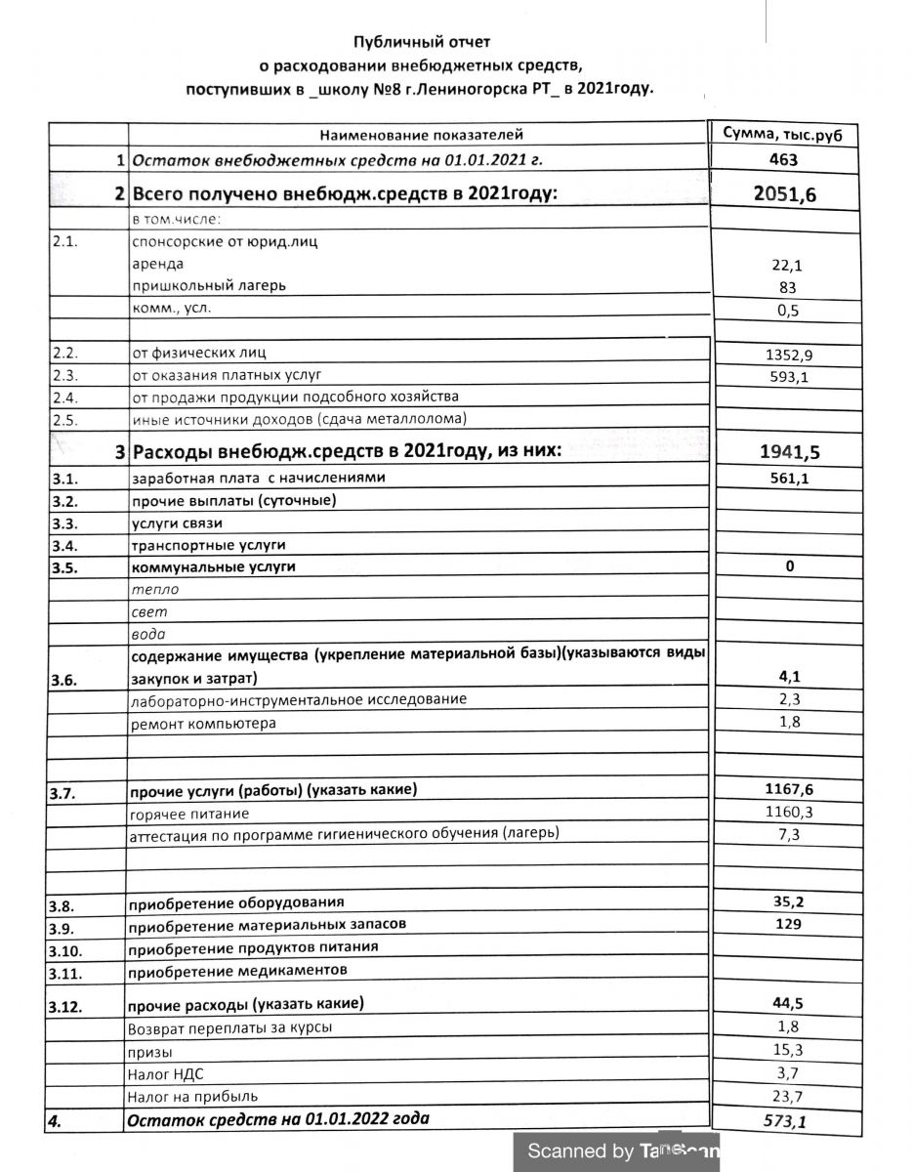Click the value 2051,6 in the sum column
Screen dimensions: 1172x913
[785, 193]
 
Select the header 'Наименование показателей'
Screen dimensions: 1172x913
[422, 135]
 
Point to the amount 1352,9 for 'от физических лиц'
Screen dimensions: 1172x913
[783, 355]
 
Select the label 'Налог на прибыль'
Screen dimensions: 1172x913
[193, 1096]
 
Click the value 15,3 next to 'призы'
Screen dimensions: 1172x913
[784, 1051]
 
